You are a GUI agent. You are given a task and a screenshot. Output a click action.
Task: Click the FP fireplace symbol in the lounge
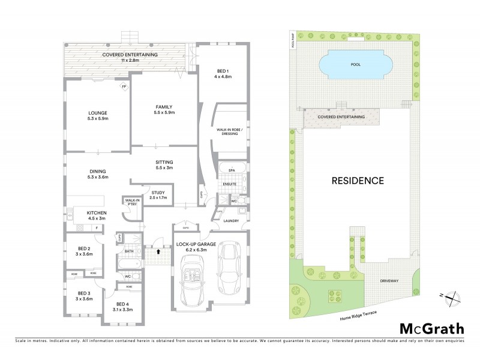pyautogui.click(x=124, y=87)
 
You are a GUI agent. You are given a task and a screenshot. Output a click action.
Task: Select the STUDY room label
pyautogui.click(x=158, y=192)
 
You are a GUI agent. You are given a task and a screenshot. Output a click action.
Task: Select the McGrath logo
pyautogui.click(x=431, y=328)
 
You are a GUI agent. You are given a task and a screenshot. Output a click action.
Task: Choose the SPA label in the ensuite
pyautogui.click(x=231, y=170)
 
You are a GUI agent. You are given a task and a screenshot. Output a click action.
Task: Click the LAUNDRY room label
pyautogui.click(x=231, y=221)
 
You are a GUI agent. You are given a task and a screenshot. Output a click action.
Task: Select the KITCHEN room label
pyautogui.click(x=97, y=214)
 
